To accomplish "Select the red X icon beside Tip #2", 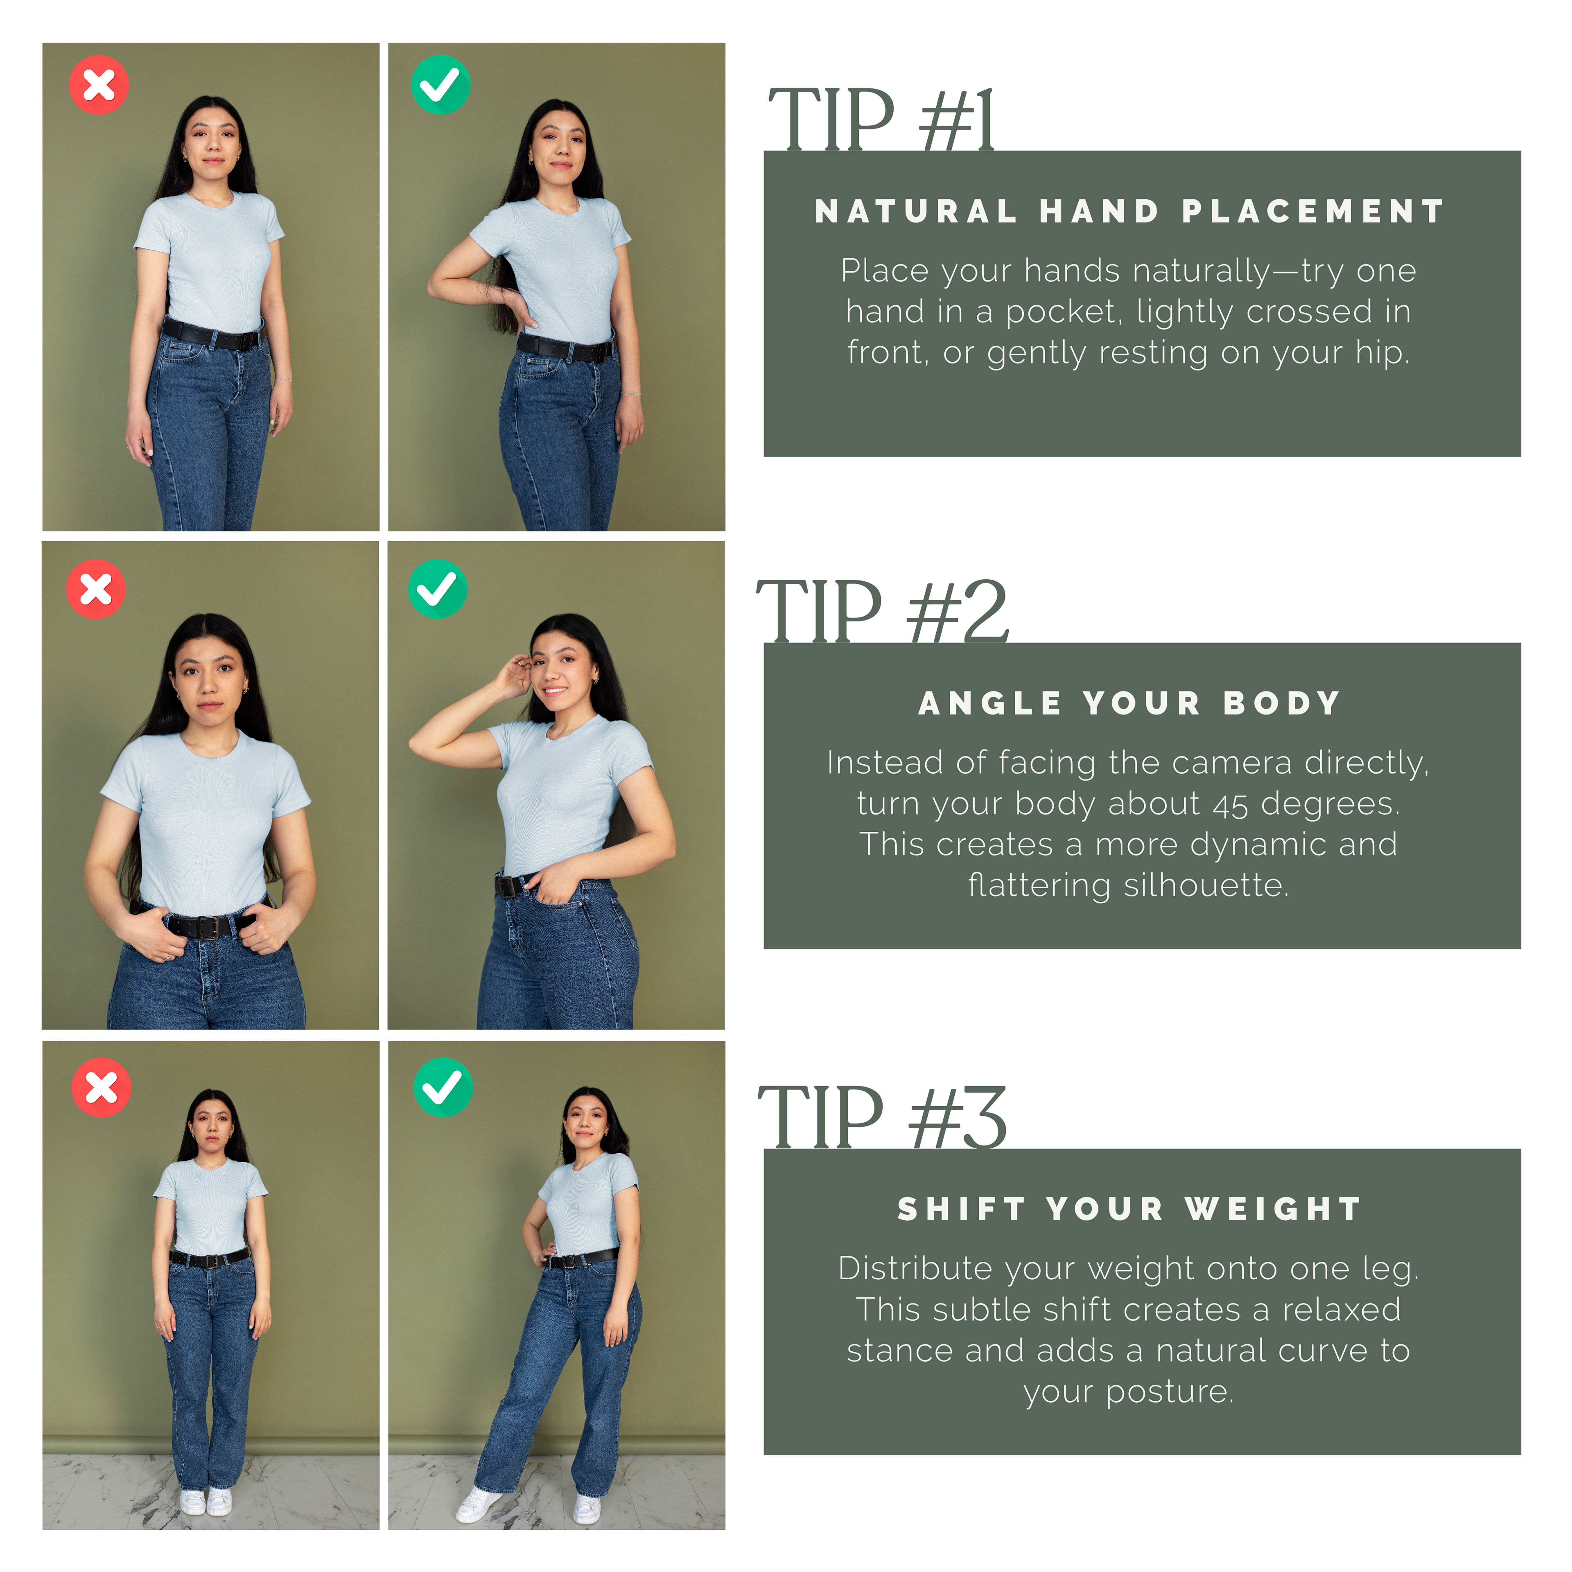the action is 96,589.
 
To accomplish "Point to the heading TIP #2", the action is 883,611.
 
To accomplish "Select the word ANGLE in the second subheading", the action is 990,703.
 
